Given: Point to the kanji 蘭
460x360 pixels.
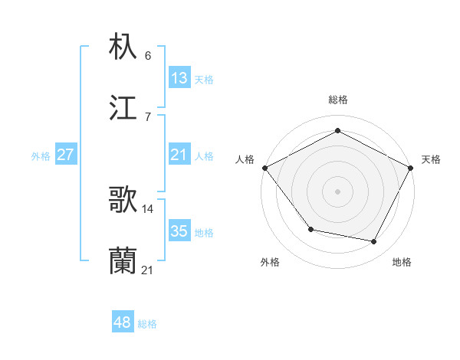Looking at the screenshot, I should point(123,260).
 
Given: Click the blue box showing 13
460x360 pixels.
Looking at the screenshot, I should point(179,77).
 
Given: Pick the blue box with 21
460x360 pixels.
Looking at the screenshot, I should point(179,155).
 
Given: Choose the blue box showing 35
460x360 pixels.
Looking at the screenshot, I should point(179,231).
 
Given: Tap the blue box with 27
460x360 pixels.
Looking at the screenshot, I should point(66,155).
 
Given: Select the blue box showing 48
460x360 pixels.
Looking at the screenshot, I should point(123,322).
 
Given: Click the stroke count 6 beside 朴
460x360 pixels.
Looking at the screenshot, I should point(147,56).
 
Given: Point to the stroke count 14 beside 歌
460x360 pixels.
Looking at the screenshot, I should point(148,208).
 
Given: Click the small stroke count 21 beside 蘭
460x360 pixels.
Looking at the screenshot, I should point(148,270).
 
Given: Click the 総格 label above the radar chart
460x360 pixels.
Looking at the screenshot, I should point(338,100).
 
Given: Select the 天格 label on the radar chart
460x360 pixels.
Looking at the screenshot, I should point(431,160).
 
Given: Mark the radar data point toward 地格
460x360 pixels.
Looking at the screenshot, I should point(374,242).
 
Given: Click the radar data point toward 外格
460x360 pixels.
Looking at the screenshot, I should point(310,229).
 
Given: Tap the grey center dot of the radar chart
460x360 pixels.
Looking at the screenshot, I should point(338,191).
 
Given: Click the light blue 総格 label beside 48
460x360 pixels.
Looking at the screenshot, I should point(147,324).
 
